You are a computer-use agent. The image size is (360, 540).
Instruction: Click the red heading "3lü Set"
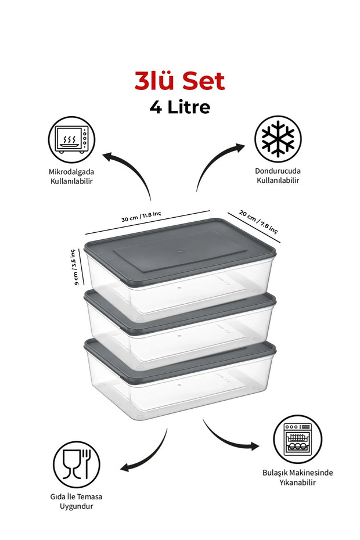(x=179, y=81)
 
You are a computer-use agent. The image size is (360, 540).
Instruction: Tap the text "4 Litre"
(x=180, y=107)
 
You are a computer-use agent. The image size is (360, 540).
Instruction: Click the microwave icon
(x=71, y=139)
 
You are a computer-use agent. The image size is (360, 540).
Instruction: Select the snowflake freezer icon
(x=278, y=138)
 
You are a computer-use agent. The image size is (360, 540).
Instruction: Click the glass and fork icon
(x=77, y=465)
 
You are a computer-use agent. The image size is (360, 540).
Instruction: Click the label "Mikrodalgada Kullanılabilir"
(x=71, y=177)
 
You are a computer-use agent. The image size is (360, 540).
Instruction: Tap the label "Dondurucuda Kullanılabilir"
(x=278, y=175)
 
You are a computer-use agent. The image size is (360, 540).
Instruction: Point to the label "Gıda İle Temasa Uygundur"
(x=77, y=502)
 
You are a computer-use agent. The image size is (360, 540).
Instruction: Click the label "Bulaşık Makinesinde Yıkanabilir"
(x=298, y=477)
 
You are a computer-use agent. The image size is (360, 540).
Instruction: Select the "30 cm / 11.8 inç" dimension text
(x=141, y=217)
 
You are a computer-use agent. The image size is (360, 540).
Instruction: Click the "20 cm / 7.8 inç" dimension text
(x=258, y=222)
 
